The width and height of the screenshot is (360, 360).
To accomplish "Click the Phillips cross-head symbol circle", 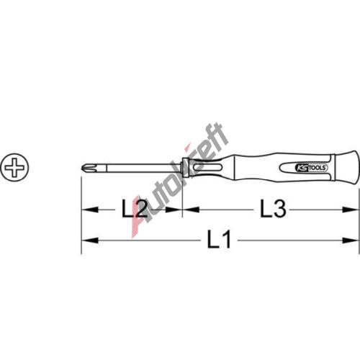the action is [x=14, y=167].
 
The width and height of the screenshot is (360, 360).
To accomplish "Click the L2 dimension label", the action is [x=135, y=210].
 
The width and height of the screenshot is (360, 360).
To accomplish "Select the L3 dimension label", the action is [x=274, y=210].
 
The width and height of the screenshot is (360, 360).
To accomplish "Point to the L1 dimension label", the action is [x=219, y=239].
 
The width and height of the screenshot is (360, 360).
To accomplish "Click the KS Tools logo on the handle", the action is [x=311, y=168].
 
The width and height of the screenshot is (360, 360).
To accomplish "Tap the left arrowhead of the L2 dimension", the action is [x=90, y=210].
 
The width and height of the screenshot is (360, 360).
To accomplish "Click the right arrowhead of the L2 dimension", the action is [x=174, y=210].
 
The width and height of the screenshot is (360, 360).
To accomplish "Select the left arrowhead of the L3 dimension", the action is [x=192, y=210].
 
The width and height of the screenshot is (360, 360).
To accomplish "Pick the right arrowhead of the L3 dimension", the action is [x=351, y=210].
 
